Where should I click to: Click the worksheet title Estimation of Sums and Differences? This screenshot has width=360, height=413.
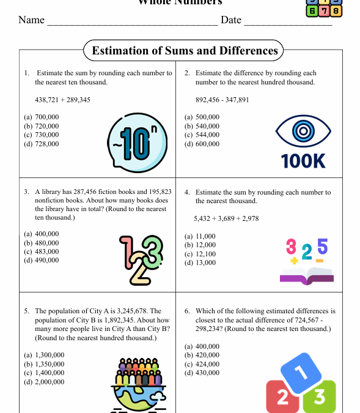(x=185, y=51)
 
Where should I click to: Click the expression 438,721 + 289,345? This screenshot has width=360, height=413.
(x=63, y=99)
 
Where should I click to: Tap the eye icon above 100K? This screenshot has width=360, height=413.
(x=303, y=131)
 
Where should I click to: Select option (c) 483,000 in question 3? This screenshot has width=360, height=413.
(x=42, y=251)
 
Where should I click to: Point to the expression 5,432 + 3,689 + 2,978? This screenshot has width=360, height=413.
(x=226, y=218)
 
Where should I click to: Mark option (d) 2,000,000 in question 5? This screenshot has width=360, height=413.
(x=44, y=382)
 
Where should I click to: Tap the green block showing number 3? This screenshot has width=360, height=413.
(x=319, y=397)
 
